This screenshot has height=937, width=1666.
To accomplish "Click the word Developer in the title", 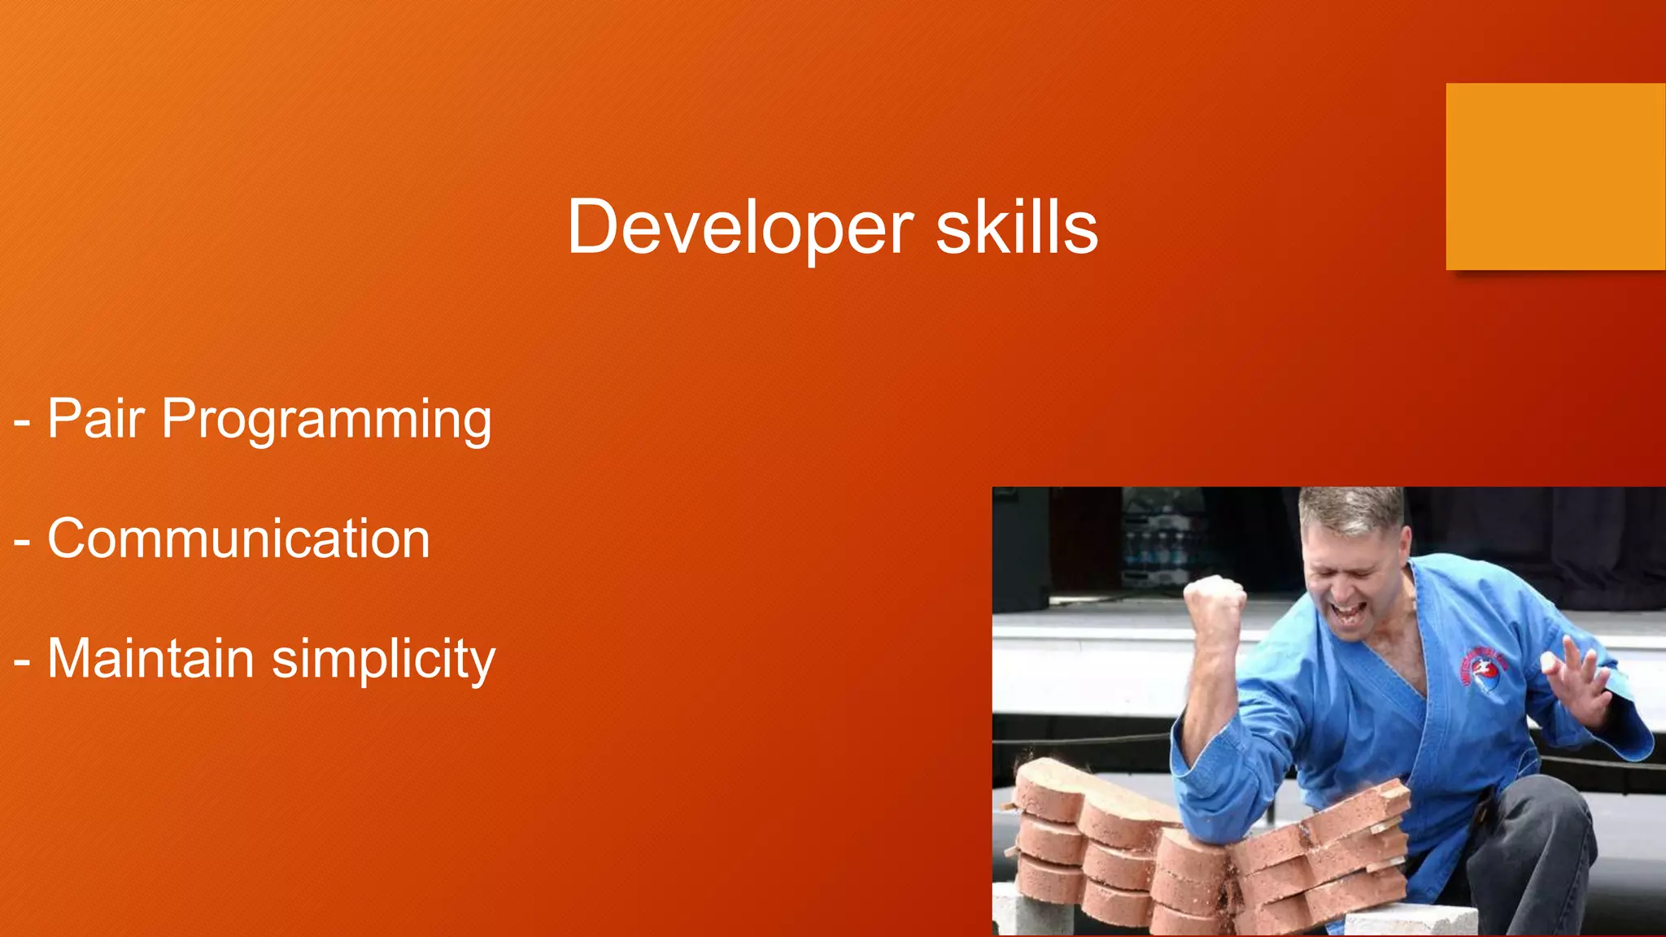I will pyautogui.click(x=740, y=228).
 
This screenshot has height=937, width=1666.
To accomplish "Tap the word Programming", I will pyautogui.click(x=326, y=421).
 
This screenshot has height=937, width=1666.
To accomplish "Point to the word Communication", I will pyautogui.click(x=238, y=538).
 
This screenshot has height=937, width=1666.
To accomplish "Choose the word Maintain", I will pyautogui.click(x=150, y=658).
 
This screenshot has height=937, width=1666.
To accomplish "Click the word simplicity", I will pyautogui.click(x=383, y=660).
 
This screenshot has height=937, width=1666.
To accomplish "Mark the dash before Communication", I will pyautogui.click(x=22, y=542).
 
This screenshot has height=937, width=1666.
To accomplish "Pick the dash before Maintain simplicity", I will pyautogui.click(x=22, y=661).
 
